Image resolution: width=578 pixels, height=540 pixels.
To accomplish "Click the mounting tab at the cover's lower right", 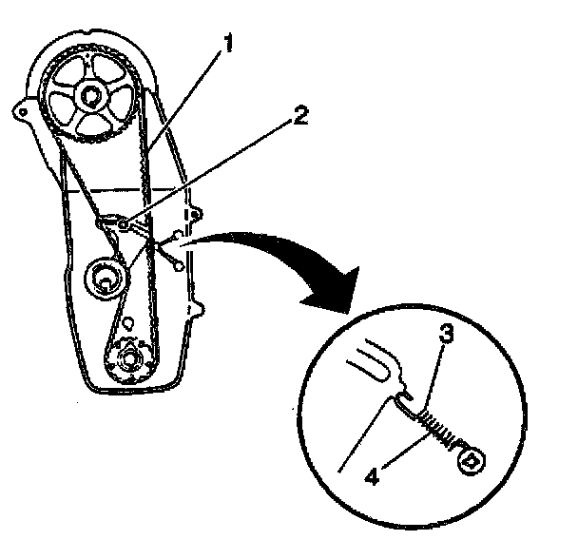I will click(x=199, y=307).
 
